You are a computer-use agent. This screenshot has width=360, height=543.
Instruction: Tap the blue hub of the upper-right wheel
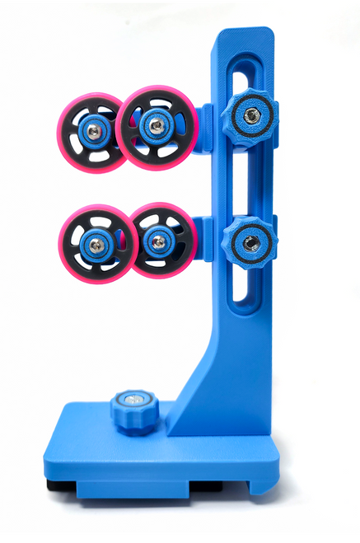click(x=155, y=125)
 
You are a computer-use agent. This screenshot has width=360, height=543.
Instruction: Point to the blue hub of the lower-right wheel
click(x=157, y=241)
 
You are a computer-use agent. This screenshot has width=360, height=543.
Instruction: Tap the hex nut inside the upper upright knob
click(x=251, y=115)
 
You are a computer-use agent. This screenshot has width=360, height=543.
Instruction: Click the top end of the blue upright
click(x=244, y=33)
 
